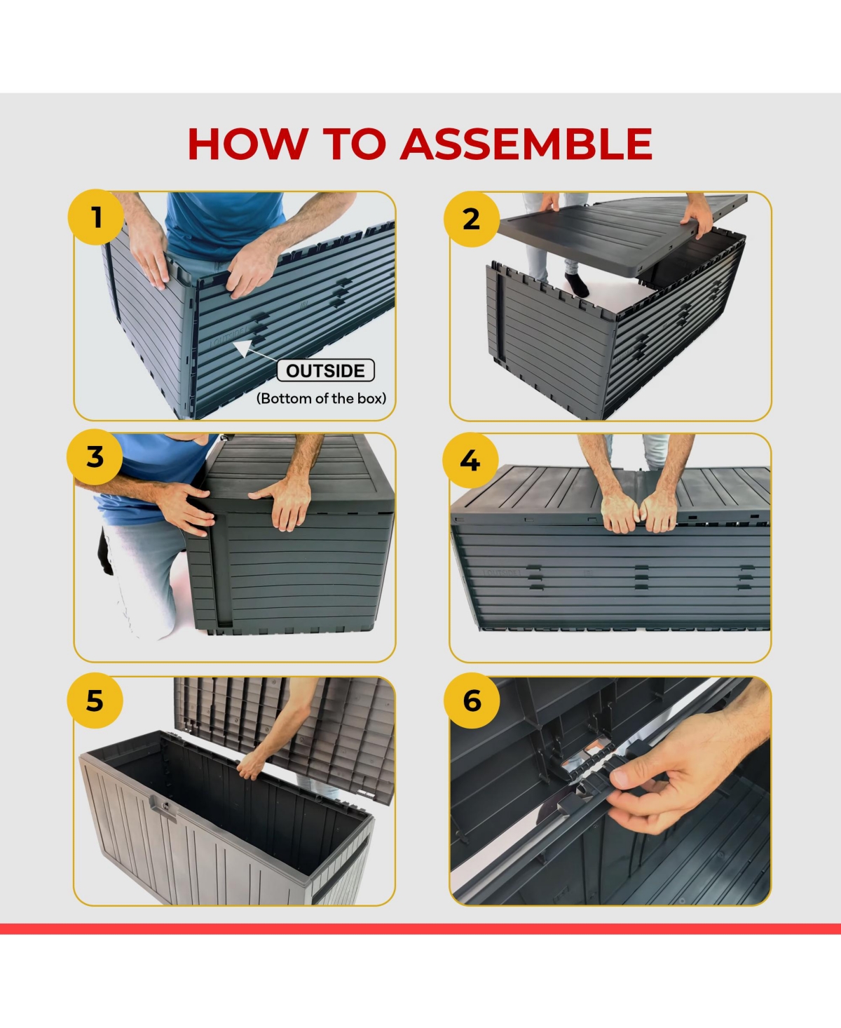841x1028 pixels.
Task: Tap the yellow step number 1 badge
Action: pos(96,217)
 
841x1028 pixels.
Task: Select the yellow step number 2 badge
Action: pos(471,219)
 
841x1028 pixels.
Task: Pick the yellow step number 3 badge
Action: pos(95,456)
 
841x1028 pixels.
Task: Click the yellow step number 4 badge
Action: pos(470,460)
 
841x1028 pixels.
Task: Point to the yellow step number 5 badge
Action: pos(95,701)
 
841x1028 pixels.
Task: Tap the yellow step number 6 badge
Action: pos(472,701)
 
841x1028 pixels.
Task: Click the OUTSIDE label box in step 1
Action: pos(325,370)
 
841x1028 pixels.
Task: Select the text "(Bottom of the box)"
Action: pos(322,398)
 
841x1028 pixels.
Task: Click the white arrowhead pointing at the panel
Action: pos(243,348)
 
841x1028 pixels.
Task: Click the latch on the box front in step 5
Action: pos(165,808)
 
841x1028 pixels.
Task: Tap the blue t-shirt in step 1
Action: pos(224,224)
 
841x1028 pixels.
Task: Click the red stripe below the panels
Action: pos(420,928)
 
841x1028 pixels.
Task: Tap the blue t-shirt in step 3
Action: pos(151,475)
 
